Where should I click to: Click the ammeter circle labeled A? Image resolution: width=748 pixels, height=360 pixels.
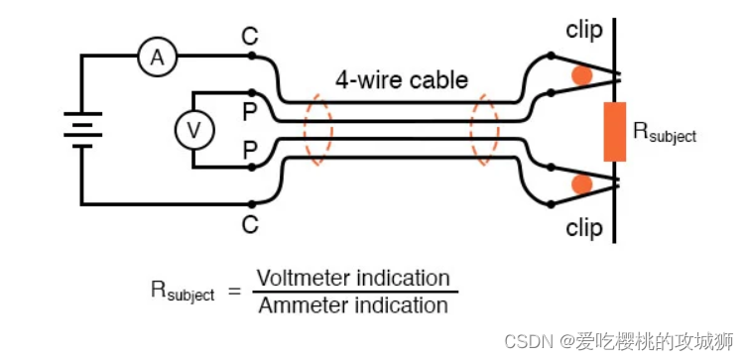[157, 59]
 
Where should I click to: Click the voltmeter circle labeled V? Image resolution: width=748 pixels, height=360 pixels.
[194, 129]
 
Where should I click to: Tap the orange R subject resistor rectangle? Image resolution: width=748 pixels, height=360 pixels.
[615, 131]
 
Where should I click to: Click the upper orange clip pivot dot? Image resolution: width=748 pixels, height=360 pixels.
[581, 74]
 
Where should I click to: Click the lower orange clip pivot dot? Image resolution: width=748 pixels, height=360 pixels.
[581, 184]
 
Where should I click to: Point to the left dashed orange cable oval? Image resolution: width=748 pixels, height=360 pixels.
[318, 131]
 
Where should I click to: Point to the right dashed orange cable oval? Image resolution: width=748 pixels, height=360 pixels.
[485, 131]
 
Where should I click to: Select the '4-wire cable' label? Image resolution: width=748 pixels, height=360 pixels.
[401, 80]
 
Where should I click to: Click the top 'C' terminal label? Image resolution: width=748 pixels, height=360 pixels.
[249, 37]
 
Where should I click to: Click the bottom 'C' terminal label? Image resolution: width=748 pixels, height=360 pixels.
[249, 225]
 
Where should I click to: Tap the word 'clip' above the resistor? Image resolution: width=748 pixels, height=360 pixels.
[584, 29]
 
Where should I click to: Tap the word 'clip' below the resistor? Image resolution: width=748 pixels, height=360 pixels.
[584, 228]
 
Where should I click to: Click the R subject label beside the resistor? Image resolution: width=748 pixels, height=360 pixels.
[665, 132]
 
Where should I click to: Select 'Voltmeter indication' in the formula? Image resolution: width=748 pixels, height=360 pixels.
[353, 278]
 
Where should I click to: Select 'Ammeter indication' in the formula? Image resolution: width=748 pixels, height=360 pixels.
[353, 305]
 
